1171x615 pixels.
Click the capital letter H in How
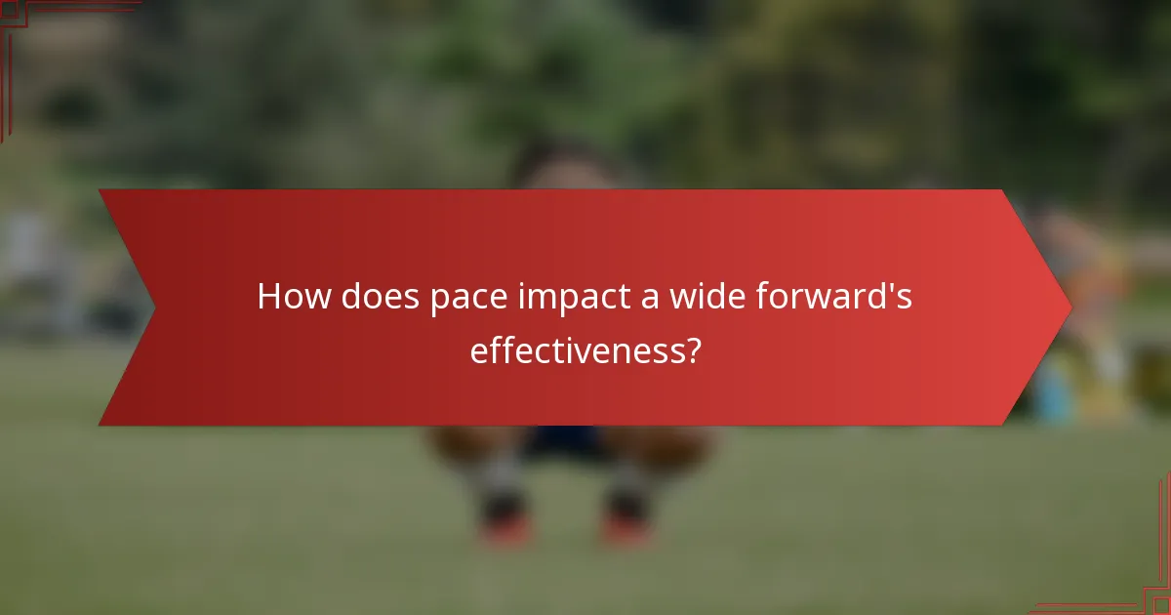[x=267, y=297]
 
